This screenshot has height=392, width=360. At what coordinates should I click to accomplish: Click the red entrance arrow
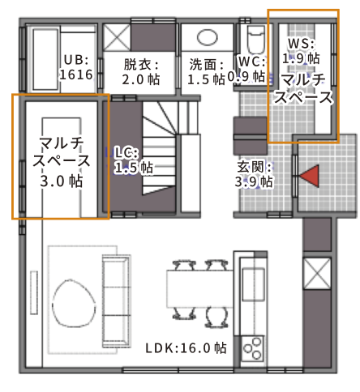(311, 176)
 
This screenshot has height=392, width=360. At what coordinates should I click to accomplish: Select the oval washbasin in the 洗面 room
(208, 37)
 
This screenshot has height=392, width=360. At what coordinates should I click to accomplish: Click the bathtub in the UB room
(45, 59)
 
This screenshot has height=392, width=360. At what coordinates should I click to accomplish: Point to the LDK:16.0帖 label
(186, 348)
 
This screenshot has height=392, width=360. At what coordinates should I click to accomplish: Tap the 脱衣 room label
(140, 65)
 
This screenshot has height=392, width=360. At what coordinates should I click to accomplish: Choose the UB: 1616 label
(76, 67)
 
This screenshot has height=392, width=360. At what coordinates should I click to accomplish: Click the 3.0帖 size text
(62, 181)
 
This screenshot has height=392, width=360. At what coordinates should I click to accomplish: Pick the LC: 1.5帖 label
(134, 160)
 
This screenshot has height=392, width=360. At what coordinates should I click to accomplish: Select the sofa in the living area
(117, 301)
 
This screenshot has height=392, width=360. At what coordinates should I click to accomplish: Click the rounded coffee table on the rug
(74, 303)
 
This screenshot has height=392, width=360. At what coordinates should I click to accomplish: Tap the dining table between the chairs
(199, 289)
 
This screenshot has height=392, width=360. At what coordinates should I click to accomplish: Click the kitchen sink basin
(253, 284)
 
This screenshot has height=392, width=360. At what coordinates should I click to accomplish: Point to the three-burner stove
(253, 348)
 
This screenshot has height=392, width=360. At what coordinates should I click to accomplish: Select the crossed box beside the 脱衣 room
(117, 37)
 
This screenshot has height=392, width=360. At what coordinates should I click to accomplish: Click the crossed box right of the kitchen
(317, 274)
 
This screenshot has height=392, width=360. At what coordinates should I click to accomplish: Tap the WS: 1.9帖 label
(301, 51)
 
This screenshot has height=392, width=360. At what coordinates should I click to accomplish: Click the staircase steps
(160, 148)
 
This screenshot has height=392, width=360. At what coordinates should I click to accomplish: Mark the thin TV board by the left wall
(34, 292)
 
